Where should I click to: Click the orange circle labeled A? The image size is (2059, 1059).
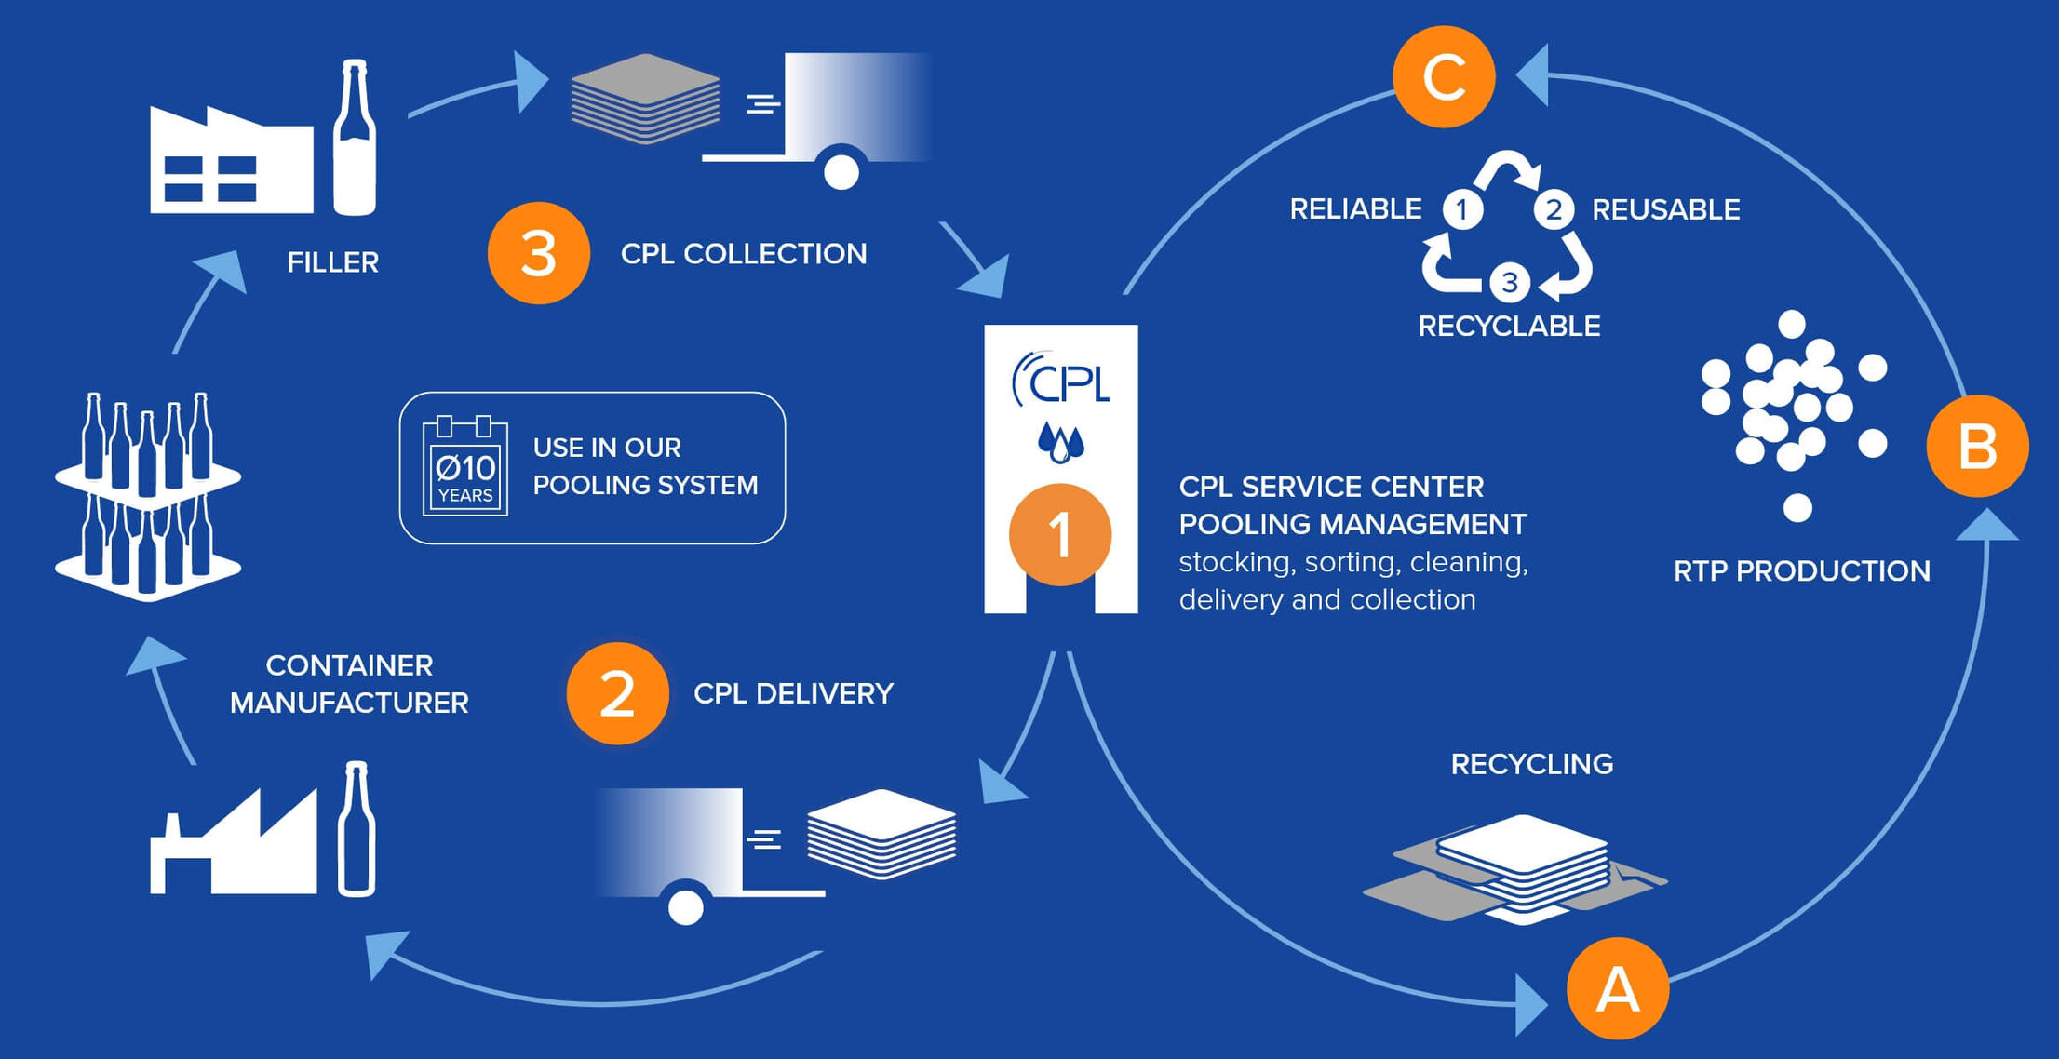click(x=1618, y=988)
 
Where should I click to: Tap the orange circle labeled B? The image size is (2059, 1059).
click(x=1977, y=446)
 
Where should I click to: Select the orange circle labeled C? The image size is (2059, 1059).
click(x=1444, y=76)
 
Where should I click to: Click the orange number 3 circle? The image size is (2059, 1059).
click(x=539, y=253)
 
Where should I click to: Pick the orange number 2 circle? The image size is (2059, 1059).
click(x=617, y=693)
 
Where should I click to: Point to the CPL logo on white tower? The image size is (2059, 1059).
click(x=1061, y=380)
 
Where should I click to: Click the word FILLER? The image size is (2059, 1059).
click(x=332, y=262)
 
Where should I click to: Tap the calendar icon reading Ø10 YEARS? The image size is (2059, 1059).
click(x=464, y=467)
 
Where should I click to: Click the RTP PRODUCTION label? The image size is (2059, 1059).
click(x=1801, y=570)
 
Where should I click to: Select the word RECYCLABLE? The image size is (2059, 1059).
click(x=1509, y=326)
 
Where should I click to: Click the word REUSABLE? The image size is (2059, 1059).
click(x=1665, y=209)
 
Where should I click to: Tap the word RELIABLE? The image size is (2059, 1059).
click(x=1355, y=208)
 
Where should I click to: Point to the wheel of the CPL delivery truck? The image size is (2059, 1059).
click(x=686, y=906)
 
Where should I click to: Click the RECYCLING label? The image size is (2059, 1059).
click(x=1531, y=764)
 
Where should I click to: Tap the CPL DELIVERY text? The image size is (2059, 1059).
click(x=793, y=693)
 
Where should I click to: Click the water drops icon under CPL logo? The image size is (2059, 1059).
click(x=1060, y=443)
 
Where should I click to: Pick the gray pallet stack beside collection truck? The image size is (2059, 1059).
click(x=645, y=99)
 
